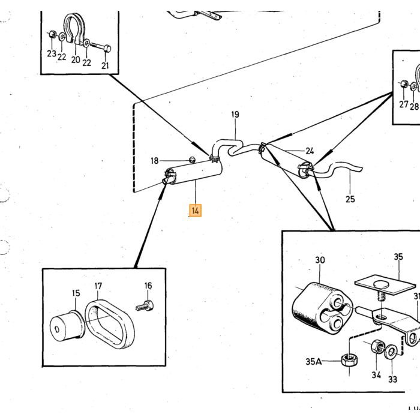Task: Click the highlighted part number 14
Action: (195, 210)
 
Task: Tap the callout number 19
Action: (235, 115)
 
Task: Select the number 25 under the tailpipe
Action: (350, 199)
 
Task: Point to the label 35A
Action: (313, 362)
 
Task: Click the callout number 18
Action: (155, 161)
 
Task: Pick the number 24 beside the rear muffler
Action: (310, 151)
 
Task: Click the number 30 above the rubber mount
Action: (320, 260)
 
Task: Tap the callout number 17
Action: (98, 286)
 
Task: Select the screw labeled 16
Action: (145, 306)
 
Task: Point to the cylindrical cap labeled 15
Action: (67, 326)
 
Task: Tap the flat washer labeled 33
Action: (391, 353)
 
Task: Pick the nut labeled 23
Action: (52, 34)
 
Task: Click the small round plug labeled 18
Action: (192, 160)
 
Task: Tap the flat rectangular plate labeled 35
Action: (385, 285)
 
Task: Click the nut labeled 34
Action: (378, 347)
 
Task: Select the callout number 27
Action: (404, 104)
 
